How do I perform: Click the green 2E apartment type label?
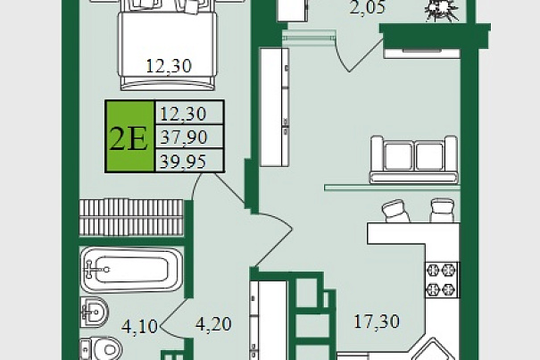click(x=129, y=137)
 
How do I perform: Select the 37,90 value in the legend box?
click(x=184, y=138)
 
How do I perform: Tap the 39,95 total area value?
click(x=183, y=162)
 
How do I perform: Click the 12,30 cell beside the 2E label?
click(x=183, y=113)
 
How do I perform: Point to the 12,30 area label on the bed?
click(x=169, y=65)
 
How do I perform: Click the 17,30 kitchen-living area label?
click(x=377, y=322)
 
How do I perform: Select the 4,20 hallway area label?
click(x=213, y=324)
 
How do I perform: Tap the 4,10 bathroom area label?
click(x=139, y=326)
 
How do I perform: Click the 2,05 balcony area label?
click(x=368, y=7)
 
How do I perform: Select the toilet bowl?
click(x=101, y=349)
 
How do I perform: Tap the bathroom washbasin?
click(x=95, y=313)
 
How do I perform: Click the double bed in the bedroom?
click(x=168, y=45)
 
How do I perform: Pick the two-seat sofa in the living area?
click(x=414, y=160)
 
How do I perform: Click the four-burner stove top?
click(x=442, y=280)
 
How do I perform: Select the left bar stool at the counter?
click(x=395, y=211)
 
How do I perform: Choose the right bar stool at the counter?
click(x=442, y=210)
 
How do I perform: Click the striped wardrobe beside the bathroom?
click(x=131, y=218)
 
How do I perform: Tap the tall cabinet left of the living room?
click(x=274, y=107)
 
